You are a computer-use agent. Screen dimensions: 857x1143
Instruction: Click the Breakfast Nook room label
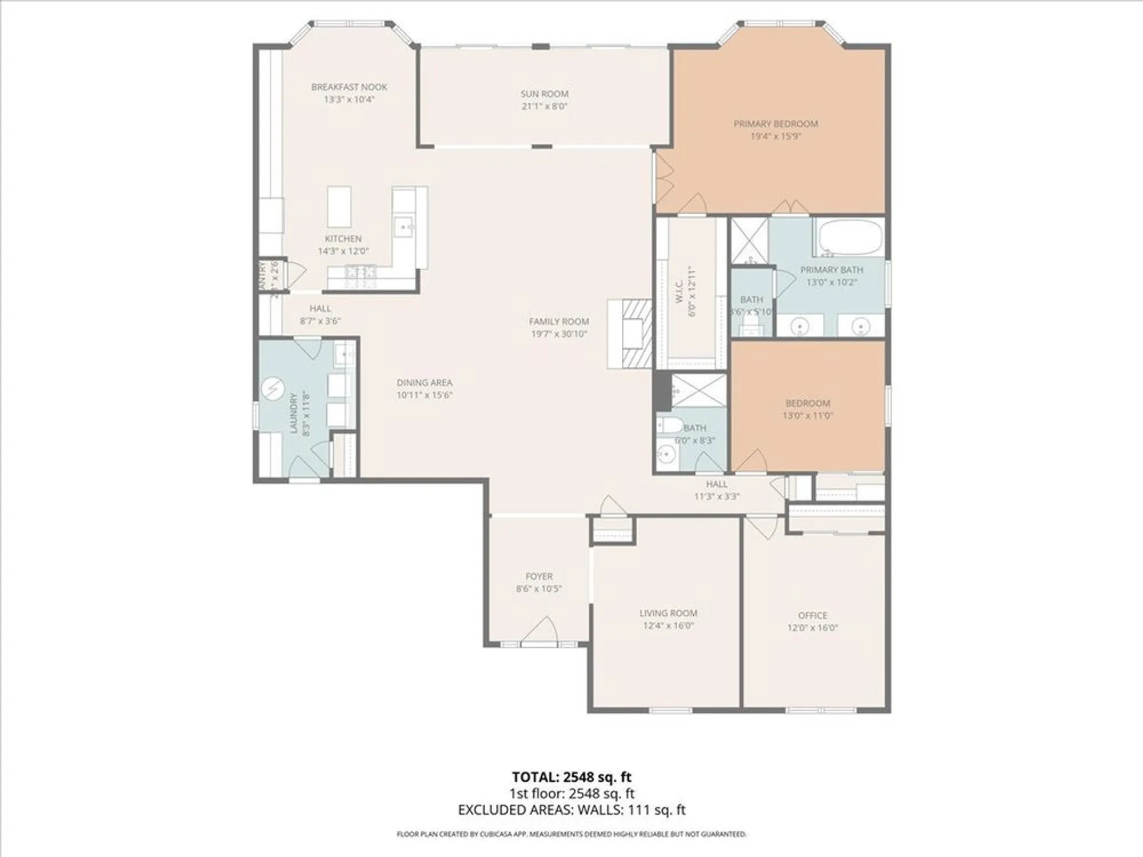pos(349,87)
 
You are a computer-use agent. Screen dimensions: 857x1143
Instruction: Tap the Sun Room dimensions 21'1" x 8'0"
pos(544,106)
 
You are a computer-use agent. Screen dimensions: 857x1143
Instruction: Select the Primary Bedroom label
pos(776,123)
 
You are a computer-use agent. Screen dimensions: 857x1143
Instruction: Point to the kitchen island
pos(339,206)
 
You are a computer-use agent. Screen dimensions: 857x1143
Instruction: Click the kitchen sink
pos(405,227)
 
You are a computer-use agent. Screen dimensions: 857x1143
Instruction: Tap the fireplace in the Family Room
pos(632,334)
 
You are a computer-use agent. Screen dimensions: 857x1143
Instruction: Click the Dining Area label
pos(424,382)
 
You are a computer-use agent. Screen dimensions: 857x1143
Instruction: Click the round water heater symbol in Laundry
pos(273,389)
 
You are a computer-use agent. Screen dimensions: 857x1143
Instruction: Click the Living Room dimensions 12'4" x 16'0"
pos(668,626)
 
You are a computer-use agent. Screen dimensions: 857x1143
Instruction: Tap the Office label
pos(812,615)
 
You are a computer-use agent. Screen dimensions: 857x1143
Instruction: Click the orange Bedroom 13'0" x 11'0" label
pos(807,403)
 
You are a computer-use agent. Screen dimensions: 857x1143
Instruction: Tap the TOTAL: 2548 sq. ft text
pos(571,777)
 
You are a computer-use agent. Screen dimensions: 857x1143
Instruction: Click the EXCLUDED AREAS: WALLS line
pos(571,810)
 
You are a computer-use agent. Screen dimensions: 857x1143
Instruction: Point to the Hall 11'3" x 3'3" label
pos(717,484)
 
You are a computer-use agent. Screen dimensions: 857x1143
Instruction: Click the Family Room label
pos(558,322)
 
